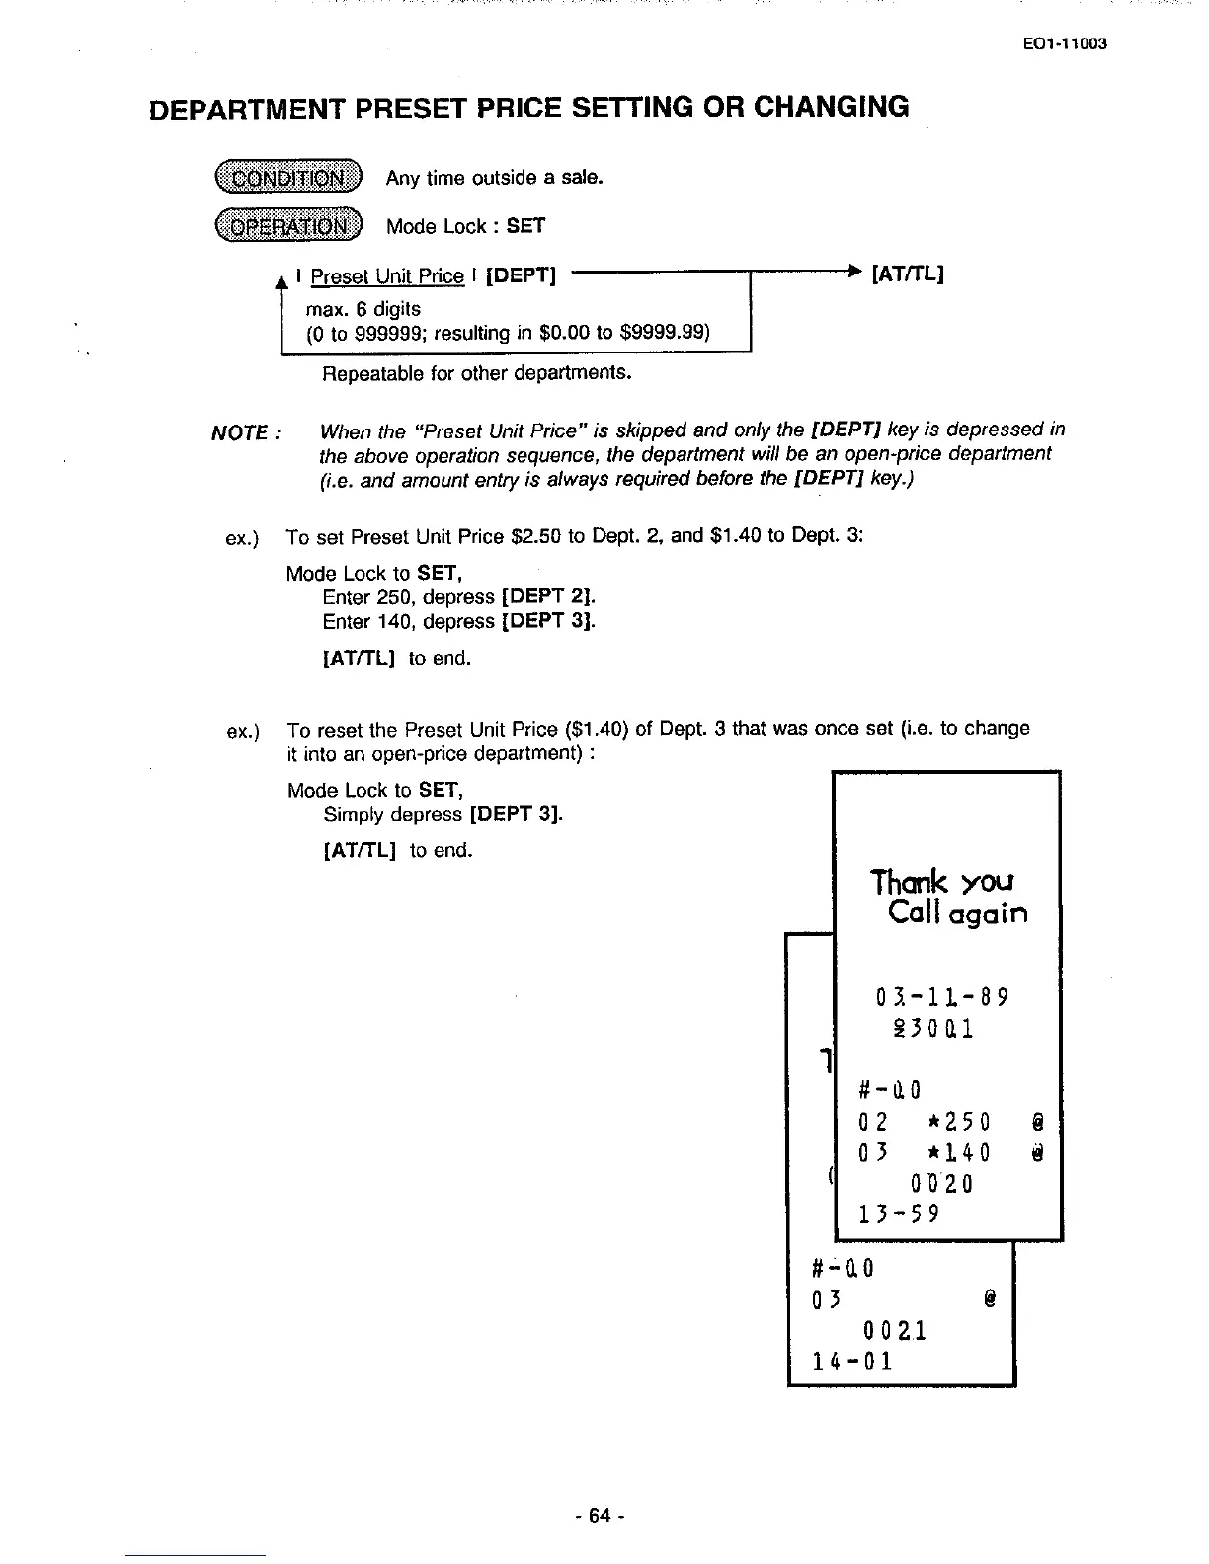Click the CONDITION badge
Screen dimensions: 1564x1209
coord(288,178)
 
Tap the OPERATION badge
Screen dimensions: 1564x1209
coord(288,226)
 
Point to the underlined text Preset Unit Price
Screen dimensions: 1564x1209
coord(386,276)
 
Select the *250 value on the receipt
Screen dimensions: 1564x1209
coord(959,1122)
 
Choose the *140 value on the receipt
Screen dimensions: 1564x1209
coord(959,1153)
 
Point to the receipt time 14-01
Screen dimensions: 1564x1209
coord(851,1362)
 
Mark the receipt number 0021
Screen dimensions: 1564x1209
coord(893,1331)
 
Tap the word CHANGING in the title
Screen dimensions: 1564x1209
coord(831,107)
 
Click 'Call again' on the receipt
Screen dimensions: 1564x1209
coord(958,913)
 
